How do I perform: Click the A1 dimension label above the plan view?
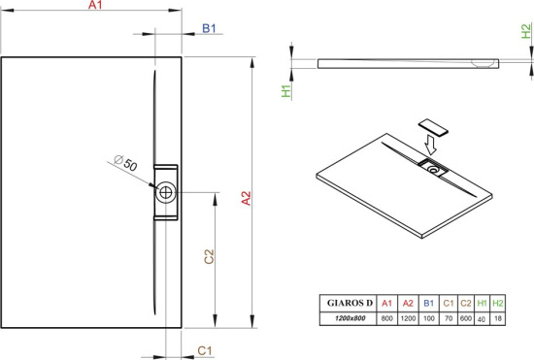click(x=95, y=5)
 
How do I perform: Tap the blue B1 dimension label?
click(x=209, y=28)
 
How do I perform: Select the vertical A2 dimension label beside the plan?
click(x=246, y=198)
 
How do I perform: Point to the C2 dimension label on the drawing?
click(x=209, y=256)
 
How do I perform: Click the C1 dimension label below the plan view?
click(x=205, y=350)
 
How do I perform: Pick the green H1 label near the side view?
click(x=286, y=91)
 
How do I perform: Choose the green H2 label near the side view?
click(x=526, y=31)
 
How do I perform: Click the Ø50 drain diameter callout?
click(x=125, y=163)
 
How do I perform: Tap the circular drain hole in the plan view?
click(x=166, y=192)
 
